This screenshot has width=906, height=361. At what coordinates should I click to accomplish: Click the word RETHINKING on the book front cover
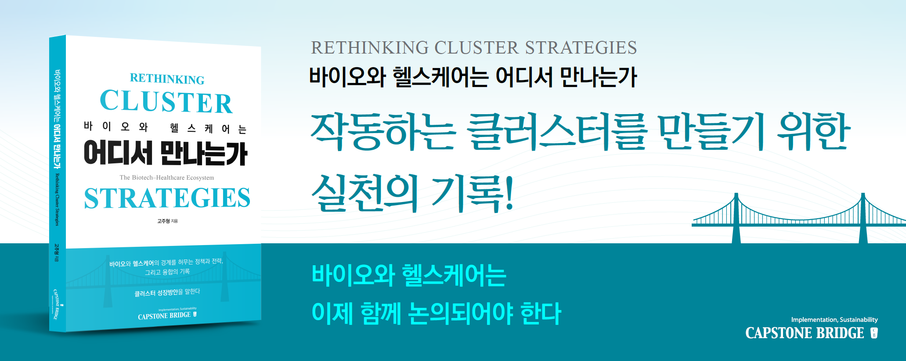click(167, 79)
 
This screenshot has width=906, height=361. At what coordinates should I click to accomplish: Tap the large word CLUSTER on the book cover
click(166, 102)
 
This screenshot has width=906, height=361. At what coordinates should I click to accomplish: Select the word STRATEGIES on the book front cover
click(167, 198)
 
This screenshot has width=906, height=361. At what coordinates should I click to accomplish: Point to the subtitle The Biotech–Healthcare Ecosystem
click(167, 178)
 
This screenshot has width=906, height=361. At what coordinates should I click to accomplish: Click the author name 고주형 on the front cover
click(163, 221)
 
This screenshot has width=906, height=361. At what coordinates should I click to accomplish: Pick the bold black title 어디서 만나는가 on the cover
click(166, 153)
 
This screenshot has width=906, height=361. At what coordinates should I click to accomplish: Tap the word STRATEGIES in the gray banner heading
click(581, 48)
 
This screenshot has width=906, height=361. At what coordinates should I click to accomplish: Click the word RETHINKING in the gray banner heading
click(370, 48)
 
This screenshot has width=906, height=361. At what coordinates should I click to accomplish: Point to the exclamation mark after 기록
click(509, 193)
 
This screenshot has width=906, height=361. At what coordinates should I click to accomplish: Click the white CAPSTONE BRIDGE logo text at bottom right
click(805, 333)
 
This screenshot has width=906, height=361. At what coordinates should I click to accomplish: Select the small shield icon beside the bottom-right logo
click(874, 333)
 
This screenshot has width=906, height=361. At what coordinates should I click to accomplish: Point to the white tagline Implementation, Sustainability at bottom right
click(834, 320)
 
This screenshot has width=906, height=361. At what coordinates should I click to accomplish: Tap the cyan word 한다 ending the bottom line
click(541, 313)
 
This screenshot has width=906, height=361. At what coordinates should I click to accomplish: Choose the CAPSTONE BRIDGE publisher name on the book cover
click(164, 316)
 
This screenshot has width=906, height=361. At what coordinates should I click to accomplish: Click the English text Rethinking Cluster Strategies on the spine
click(57, 200)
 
